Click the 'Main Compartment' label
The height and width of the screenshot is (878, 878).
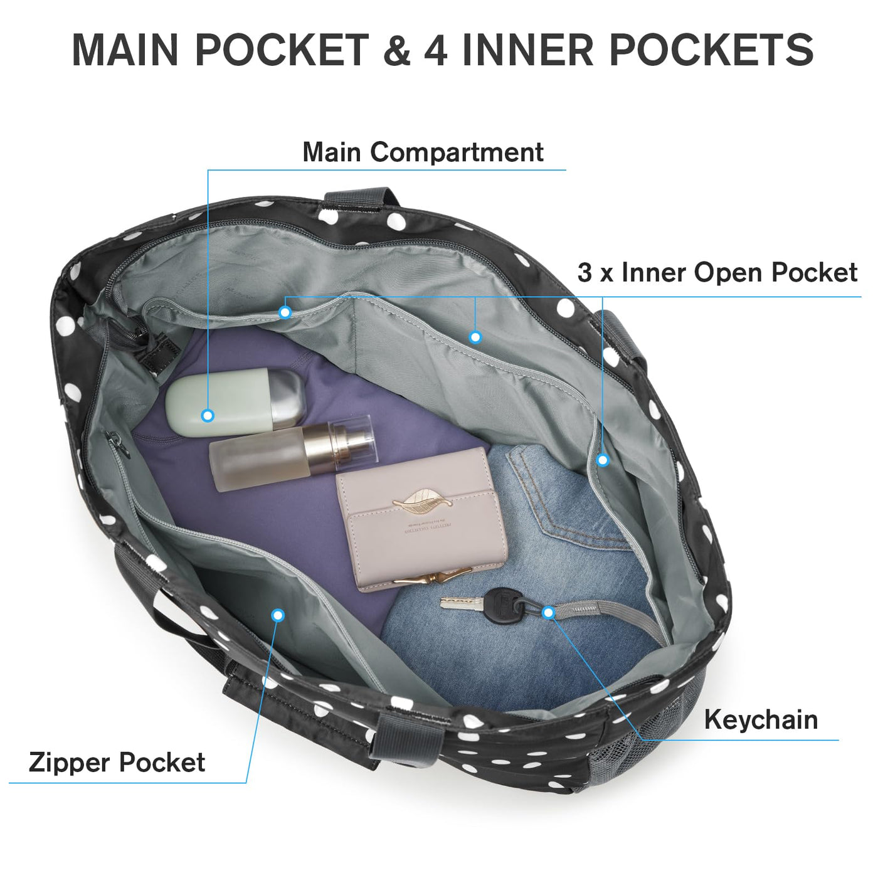pyautogui.click(x=423, y=152)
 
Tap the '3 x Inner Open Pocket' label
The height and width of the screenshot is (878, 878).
pyautogui.click(x=717, y=273)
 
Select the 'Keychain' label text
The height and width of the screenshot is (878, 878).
pyautogui.click(x=761, y=719)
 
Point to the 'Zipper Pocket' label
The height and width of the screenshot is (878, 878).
pyautogui.click(x=117, y=763)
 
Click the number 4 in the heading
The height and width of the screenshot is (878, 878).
pyautogui.click(x=435, y=50)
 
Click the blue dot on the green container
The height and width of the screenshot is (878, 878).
pyautogui.click(x=208, y=415)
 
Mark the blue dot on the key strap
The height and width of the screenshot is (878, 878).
pyautogui.click(x=548, y=612)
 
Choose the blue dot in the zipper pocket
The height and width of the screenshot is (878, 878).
pyautogui.click(x=278, y=615)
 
